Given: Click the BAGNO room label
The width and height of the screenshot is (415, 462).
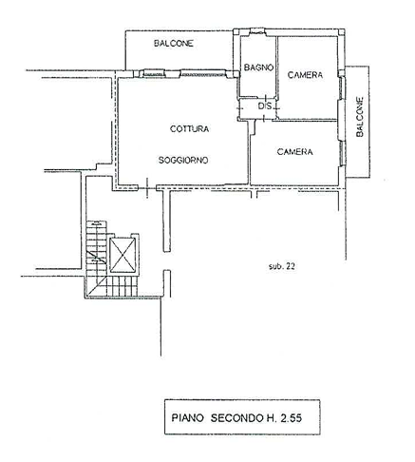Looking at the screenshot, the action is pos(258,67).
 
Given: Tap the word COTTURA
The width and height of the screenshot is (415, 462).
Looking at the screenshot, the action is pos(189,129).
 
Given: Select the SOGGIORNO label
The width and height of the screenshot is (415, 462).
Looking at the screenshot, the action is pos(183,161).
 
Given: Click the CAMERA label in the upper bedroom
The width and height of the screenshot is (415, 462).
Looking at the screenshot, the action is pos(305,75).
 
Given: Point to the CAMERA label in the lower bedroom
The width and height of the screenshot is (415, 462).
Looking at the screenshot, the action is pos(294,152).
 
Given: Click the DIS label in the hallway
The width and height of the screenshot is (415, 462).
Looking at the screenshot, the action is pos(265,106).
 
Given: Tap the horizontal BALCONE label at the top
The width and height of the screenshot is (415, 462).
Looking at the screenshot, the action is pos(174,44).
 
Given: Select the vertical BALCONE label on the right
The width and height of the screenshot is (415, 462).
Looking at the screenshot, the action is pos(360,117).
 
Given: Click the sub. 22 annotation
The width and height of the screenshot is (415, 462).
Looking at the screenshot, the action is pos(282,266).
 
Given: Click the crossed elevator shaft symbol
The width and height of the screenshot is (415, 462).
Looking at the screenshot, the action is pos(123,255).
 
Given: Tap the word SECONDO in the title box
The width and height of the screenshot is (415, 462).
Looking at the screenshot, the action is pos(236,417).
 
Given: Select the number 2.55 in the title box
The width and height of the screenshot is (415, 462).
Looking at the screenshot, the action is pos(291,417).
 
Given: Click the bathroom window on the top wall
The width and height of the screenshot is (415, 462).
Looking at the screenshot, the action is pos(257,31).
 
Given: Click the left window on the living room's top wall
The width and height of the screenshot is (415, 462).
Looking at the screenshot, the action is pos(154,73).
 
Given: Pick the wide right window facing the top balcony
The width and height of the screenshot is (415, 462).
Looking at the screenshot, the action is pos(203,73).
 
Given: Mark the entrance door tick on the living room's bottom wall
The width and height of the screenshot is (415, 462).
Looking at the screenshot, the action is pos(147,188).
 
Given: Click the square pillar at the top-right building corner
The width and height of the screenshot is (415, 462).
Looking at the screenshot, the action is pos(341,32).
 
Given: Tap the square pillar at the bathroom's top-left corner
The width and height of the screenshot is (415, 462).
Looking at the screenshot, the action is pos(236,31).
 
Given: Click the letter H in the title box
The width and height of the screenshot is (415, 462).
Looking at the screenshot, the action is pos(270,417).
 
